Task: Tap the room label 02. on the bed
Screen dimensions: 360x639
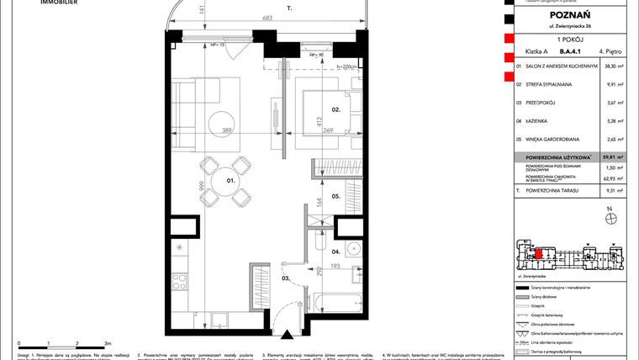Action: tap(310, 109)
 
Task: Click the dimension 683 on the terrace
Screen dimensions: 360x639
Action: tap(267, 17)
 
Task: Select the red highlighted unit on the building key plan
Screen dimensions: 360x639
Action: tap(538, 250)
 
